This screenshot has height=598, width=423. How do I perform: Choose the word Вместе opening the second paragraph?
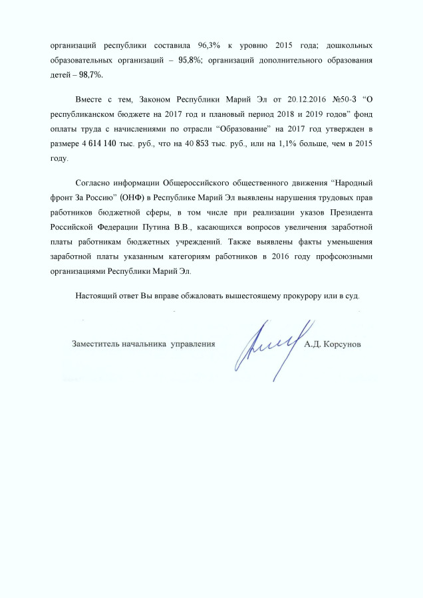(90, 99)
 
